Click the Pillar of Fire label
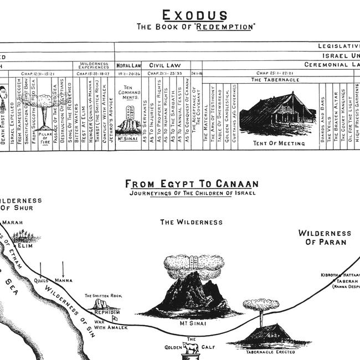(x=45, y=135)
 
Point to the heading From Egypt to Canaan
(x=192, y=183)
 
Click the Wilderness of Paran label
(x=325, y=238)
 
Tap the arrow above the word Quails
(x=42, y=269)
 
